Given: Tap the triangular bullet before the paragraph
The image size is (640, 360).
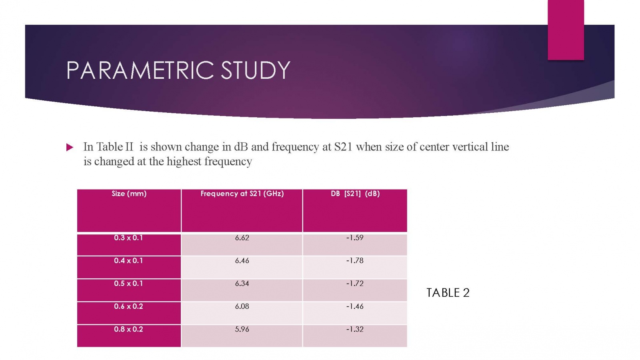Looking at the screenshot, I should coord(70,147).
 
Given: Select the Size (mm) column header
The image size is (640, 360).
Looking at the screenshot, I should coord(129,194).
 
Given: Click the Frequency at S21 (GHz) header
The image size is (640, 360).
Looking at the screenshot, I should coord(242,194).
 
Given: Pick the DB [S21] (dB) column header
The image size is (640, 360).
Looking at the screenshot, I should coord(355,194).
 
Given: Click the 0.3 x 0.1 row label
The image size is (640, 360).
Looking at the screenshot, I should coord(128,238).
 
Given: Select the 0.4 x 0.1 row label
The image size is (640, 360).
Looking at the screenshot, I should coord(128,260).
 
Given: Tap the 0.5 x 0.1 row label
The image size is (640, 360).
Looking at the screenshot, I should coord(128,283).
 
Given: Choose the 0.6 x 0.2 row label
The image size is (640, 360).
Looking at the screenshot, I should coord(128,306).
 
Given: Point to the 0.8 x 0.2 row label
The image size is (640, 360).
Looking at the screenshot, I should coord(128,329).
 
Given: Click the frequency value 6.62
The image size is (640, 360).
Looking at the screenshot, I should coord(242,238).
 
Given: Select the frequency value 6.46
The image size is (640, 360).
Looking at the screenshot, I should coord(242,260).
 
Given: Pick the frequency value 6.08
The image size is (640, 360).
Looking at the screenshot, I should coord(242,306).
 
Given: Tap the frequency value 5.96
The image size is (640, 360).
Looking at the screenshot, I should coord(242,329).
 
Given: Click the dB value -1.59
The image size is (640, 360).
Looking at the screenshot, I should coord(355,238).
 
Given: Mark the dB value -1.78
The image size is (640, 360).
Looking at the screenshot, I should coord(355,260).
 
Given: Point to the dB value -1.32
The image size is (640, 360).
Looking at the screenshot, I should coord(355,329).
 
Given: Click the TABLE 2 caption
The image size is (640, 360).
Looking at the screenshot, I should coord(448,293).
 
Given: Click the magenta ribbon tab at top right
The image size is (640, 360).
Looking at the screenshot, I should coord(566,30).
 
